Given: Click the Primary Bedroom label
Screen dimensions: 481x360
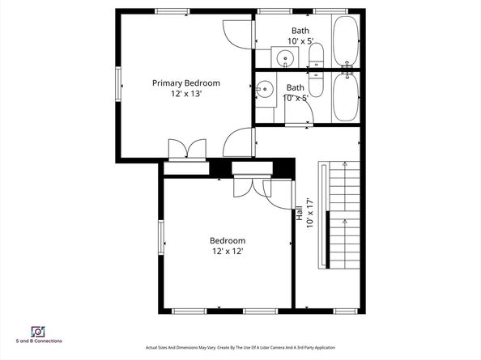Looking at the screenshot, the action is pos(186,83).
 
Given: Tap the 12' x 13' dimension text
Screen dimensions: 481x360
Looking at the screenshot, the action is pos(186,94).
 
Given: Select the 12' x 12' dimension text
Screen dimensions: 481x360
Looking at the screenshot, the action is pos(228,252).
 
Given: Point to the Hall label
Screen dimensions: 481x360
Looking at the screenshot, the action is pos(300,213).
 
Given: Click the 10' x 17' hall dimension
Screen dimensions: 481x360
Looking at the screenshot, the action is pos(310,214).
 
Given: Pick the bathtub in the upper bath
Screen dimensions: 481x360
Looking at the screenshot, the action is pos(346,40).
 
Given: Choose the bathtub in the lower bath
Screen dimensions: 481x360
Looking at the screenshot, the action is pos(346,97).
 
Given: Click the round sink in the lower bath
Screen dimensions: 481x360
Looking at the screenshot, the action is pos(265,89).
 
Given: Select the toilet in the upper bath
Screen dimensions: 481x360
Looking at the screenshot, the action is pos(316,56).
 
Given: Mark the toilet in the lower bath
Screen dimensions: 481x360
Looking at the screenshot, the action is pos(316,85).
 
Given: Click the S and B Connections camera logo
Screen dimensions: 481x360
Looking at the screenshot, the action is pos(38,332).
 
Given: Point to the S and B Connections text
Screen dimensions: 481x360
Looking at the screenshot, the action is pos(39,341).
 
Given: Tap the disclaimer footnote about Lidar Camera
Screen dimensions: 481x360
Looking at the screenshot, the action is pos(240,348).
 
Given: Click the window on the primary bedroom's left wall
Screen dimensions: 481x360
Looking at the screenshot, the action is pos(118,83).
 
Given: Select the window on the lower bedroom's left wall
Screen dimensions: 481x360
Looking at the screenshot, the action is pos(161,238).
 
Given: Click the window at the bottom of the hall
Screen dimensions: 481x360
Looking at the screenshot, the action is pos(346,311).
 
